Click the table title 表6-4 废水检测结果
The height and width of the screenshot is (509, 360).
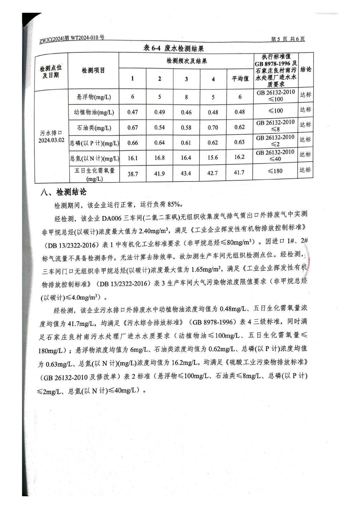(173, 48)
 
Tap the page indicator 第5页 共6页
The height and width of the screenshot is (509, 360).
(288, 39)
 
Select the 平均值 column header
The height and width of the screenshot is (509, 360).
(240, 79)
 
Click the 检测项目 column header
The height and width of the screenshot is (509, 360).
(93, 71)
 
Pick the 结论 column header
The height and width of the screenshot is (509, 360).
(306, 69)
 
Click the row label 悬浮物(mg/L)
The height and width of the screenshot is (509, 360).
(94, 97)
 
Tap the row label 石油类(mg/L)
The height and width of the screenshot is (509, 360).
(94, 128)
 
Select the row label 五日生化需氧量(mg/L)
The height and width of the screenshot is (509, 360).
(94, 174)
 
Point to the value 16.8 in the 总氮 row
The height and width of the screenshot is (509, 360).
(159, 158)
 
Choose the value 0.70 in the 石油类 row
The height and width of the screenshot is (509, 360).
(213, 128)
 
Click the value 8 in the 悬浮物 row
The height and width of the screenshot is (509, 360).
(186, 97)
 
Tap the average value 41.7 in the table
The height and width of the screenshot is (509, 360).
(239, 172)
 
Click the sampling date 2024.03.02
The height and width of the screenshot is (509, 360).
(51, 140)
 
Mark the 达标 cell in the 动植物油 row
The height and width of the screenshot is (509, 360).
(305, 110)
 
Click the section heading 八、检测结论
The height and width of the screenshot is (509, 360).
(63, 192)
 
